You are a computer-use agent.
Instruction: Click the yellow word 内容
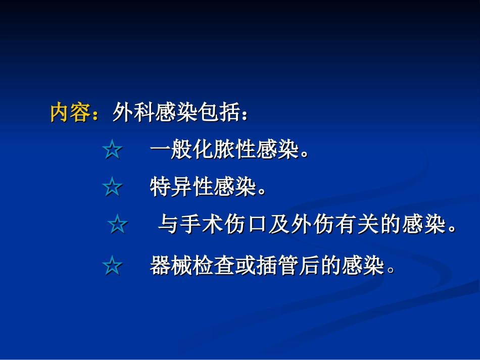(x=70, y=113)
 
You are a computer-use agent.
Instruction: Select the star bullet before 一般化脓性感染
(x=112, y=150)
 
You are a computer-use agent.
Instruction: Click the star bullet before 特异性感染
(x=112, y=188)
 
